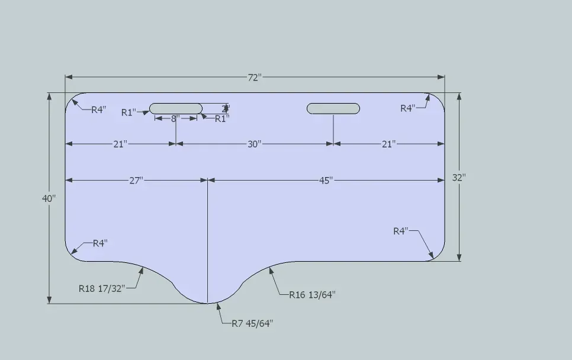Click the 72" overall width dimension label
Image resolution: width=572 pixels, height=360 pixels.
coord(255,78)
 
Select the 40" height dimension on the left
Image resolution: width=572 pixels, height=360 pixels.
coord(49,199)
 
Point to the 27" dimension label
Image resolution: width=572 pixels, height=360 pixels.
coord(136,181)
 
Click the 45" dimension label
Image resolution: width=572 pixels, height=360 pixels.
coord(326,181)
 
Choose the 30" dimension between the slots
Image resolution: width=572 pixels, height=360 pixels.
coord(255,144)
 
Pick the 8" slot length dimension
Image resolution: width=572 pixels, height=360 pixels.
coord(176,118)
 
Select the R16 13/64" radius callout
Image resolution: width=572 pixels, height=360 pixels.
coord(312,294)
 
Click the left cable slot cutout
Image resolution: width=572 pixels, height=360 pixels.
coord(176,108)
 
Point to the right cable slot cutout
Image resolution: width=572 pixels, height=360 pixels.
coord(333,108)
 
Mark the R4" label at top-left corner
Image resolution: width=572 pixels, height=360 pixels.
coord(98,110)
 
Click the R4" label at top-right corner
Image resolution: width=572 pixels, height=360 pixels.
coord(408,108)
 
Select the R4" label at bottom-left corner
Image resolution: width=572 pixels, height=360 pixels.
coord(100,243)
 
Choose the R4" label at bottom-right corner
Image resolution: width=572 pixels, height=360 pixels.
coord(401,231)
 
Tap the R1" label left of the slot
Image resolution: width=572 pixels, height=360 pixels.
coord(128,112)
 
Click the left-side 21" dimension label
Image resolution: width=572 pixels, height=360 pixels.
coord(120,144)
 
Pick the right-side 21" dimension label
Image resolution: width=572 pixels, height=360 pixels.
coord(388,144)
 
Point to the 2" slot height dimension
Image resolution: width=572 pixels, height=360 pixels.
coord(225,108)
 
